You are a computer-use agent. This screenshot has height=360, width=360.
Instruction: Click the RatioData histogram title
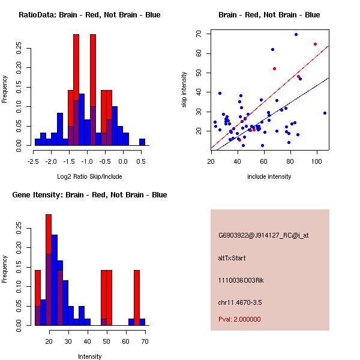point(89,15)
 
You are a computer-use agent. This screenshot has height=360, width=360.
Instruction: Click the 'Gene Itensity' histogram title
point(89,195)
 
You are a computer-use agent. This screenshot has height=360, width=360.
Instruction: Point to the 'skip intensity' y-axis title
point(185,90)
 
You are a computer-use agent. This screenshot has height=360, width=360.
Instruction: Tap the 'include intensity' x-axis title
point(269,176)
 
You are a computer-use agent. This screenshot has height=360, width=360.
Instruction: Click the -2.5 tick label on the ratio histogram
point(34,161)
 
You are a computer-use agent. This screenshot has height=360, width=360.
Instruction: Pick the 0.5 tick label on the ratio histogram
point(142,161)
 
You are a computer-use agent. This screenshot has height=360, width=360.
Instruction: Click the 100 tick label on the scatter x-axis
point(316,161)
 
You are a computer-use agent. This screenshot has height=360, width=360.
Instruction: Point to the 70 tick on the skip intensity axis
point(199,34)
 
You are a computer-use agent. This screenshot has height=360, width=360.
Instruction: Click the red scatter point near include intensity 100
point(315,44)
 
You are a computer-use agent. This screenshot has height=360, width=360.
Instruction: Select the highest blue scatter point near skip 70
point(296,34)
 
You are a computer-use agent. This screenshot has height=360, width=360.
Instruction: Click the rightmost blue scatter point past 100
point(325,113)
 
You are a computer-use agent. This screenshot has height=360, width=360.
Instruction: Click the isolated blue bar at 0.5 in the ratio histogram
point(142,142)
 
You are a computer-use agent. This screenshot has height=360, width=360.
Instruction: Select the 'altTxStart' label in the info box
point(232,258)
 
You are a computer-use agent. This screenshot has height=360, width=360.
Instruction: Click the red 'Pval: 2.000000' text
point(239,319)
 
